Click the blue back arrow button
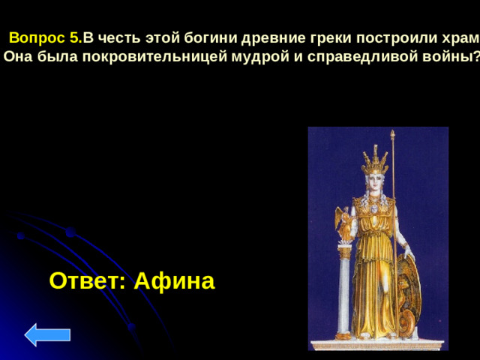click(x=47, y=334)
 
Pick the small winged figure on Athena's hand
click(x=343, y=223)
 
